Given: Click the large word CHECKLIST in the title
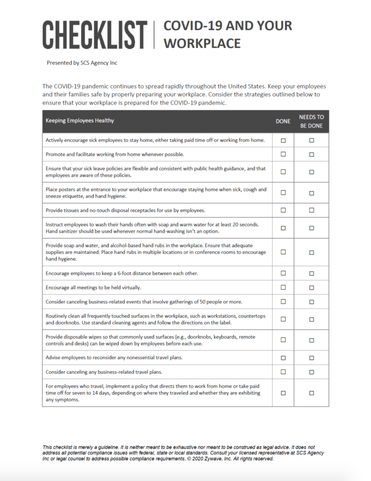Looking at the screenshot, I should tap(95, 35).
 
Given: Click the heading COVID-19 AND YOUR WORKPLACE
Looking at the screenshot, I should tap(228, 34).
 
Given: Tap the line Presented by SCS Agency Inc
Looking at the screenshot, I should tap(82, 63).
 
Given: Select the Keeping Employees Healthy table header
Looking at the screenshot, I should tap(80, 120).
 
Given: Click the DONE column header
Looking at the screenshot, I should tap(283, 121).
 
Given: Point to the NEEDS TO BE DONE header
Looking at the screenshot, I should tap(312, 121).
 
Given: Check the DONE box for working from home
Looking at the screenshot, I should tap(283, 154).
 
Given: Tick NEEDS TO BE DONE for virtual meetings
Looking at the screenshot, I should tap(312, 288).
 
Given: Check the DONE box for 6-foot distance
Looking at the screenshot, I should tap(283, 273).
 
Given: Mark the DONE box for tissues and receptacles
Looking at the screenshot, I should tap(283, 210).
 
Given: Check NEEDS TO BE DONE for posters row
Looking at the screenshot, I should tap(312, 193).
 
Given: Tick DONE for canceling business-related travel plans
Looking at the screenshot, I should tap(283, 371).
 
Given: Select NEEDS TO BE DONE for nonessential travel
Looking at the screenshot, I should tap(312, 358).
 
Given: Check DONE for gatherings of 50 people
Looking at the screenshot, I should tap(283, 301).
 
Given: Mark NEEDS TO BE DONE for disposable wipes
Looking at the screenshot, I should tap(312, 340).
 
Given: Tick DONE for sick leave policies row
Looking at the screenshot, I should tap(283, 171).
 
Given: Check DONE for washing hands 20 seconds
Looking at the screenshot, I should tap(283, 227).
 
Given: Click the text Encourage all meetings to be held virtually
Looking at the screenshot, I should tap(93, 287).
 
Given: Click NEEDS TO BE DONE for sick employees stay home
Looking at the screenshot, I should tap(312, 140).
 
